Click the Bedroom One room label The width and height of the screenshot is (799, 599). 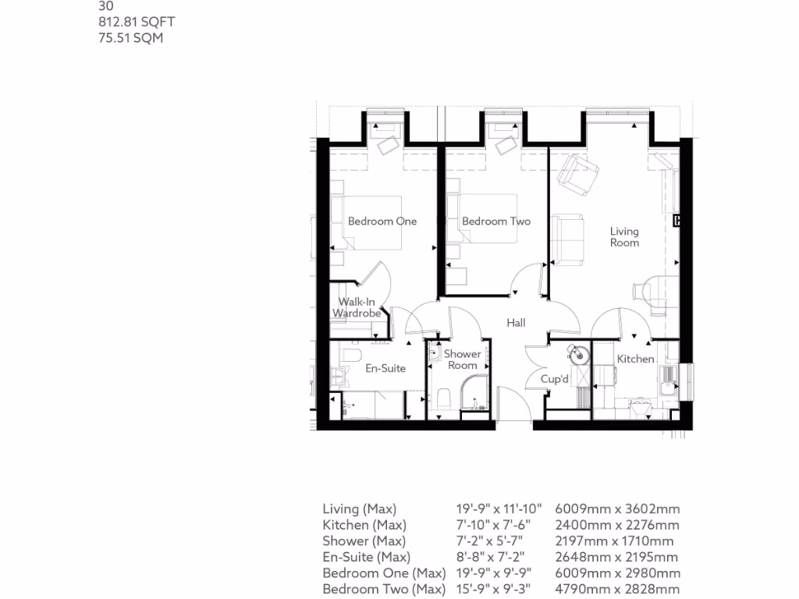(382, 221)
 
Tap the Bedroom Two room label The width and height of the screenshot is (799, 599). (496, 221)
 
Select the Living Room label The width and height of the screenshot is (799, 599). (624, 236)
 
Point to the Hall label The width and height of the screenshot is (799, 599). (516, 322)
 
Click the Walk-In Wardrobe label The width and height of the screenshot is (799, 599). (357, 307)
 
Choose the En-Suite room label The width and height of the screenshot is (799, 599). (385, 368)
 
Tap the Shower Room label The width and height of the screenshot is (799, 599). (462, 360)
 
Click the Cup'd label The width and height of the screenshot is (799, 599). (555, 379)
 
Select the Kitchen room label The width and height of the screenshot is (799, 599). (636, 359)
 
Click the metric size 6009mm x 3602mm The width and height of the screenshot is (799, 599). (616, 509)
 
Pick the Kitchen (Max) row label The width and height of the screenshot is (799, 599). (364, 525)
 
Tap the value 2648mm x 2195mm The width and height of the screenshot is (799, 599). (616, 557)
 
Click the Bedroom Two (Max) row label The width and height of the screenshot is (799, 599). (384, 589)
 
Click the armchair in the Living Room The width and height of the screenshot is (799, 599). (578, 175)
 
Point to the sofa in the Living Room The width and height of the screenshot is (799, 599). (570, 238)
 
